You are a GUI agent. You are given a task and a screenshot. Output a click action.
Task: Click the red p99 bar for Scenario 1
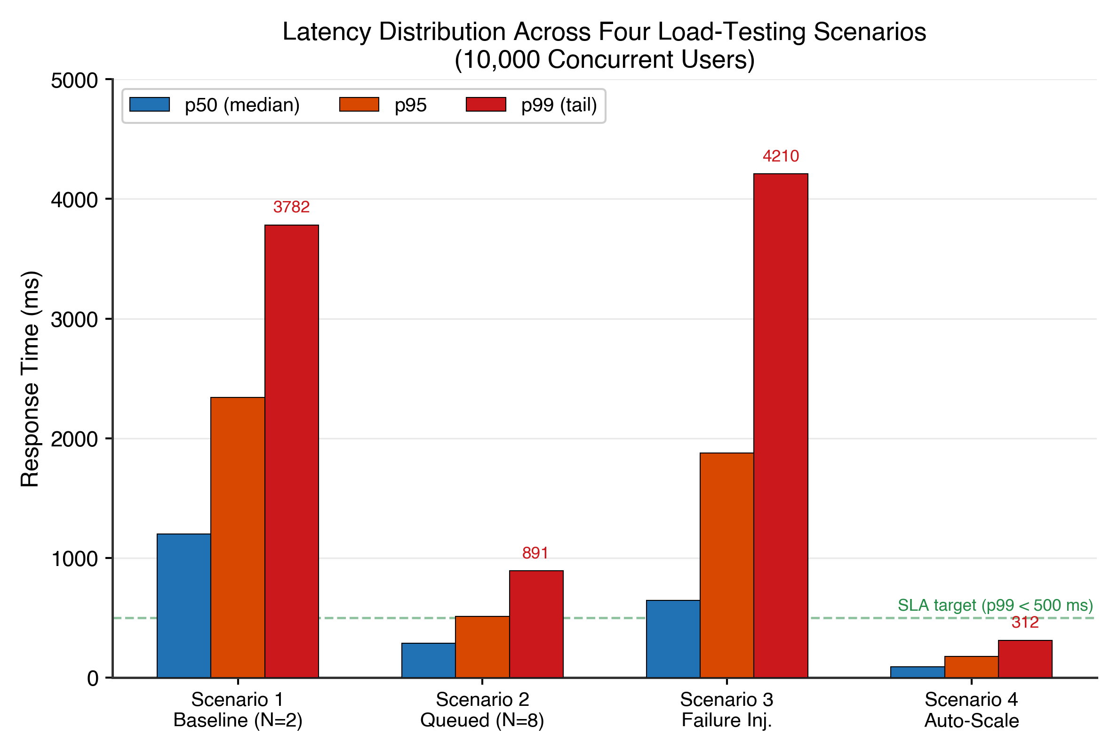click(291, 451)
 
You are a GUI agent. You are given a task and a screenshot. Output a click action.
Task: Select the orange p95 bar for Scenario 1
click(238, 537)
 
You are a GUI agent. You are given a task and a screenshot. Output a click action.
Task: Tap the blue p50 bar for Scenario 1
click(184, 605)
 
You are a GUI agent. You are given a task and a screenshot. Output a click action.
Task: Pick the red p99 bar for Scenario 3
click(781, 425)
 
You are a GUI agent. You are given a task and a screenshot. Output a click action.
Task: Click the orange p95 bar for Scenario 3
click(727, 565)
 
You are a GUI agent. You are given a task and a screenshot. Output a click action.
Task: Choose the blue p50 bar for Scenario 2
click(428, 660)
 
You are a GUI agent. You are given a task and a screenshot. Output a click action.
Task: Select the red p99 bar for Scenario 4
click(1025, 658)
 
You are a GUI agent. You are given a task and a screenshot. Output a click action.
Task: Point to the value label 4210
click(781, 156)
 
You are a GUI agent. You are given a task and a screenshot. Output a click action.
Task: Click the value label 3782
click(291, 207)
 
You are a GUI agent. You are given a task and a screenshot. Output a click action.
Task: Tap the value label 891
click(535, 553)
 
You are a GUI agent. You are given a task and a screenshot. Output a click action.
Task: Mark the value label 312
click(1025, 623)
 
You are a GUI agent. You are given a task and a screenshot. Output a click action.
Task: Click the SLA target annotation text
click(995, 605)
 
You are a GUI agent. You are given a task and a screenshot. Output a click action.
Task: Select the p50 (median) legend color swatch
click(150, 105)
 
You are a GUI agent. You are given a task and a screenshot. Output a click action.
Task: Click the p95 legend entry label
click(410, 105)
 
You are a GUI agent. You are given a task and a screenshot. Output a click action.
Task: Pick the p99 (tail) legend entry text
click(559, 105)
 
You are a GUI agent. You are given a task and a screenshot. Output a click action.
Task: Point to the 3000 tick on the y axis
click(74, 319)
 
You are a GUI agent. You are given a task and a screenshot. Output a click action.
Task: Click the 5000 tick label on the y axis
click(74, 81)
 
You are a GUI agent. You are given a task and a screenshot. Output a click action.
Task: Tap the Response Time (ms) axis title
click(30, 379)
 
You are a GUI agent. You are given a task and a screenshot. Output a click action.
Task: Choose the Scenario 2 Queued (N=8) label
click(482, 710)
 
